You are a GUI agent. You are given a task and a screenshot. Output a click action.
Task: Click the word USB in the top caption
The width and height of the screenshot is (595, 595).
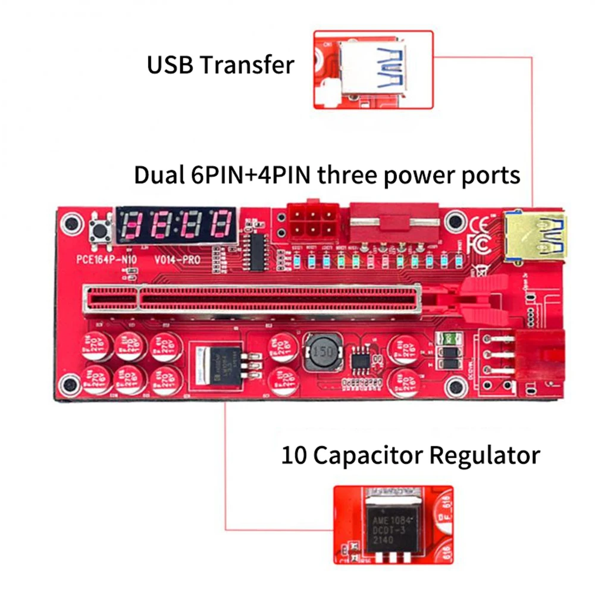coord(169,65)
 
